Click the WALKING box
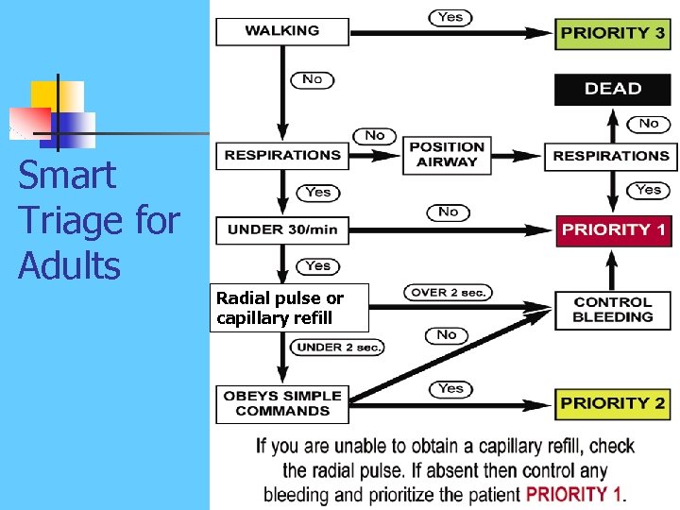[x=281, y=31]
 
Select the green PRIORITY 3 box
[x=612, y=32]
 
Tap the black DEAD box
[x=612, y=89]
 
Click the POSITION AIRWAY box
[x=447, y=155]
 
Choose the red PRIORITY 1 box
[x=612, y=229]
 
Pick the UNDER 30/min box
[x=281, y=229]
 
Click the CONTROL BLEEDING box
[x=612, y=310]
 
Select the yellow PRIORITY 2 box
[x=612, y=403]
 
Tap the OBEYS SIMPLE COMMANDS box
[x=281, y=403]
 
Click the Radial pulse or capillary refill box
[x=289, y=308]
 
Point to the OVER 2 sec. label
[x=448, y=293]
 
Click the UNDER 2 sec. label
[x=339, y=348]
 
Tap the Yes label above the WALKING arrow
[x=451, y=16]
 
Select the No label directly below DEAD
[x=649, y=123]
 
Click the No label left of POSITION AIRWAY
[x=375, y=136]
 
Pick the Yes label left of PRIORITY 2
[x=451, y=388]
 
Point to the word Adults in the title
[x=70, y=266]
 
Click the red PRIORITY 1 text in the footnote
[x=574, y=493]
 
